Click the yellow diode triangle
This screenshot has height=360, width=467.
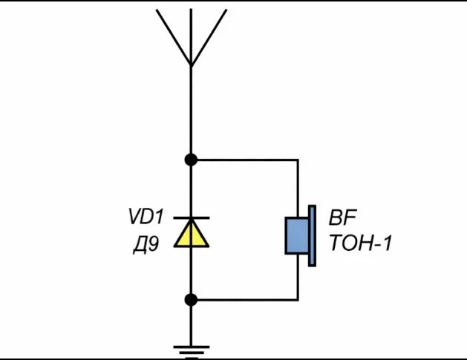192,235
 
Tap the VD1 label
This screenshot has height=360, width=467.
146,216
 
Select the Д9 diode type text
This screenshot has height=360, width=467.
146,245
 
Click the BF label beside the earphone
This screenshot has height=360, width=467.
342,217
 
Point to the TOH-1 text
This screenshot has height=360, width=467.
361,243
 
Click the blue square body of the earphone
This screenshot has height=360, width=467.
297,236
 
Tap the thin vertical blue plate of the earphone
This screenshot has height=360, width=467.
312,235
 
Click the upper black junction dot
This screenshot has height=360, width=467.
191,160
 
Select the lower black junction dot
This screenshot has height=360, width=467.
191,300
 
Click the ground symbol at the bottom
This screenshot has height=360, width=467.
192,353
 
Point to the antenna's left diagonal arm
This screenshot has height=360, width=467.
173,38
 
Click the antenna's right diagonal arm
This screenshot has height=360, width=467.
209,38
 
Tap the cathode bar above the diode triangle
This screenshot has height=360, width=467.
192,218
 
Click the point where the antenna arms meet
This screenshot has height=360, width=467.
191,65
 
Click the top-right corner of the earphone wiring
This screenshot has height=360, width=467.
298,160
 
